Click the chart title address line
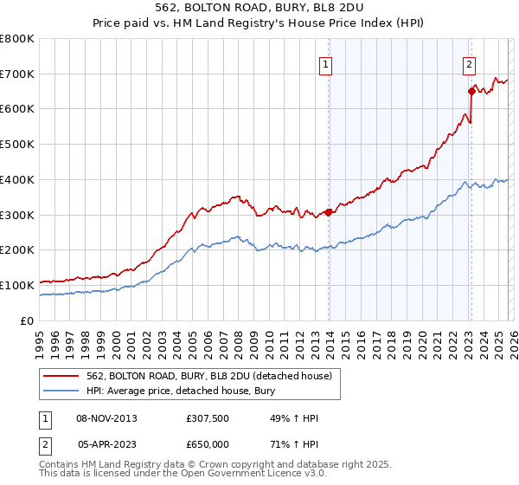259,9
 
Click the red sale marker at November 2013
329,212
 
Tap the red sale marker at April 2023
471,91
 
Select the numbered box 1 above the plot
326,63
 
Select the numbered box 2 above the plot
469,63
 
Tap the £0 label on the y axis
28,320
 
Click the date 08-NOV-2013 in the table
107,418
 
